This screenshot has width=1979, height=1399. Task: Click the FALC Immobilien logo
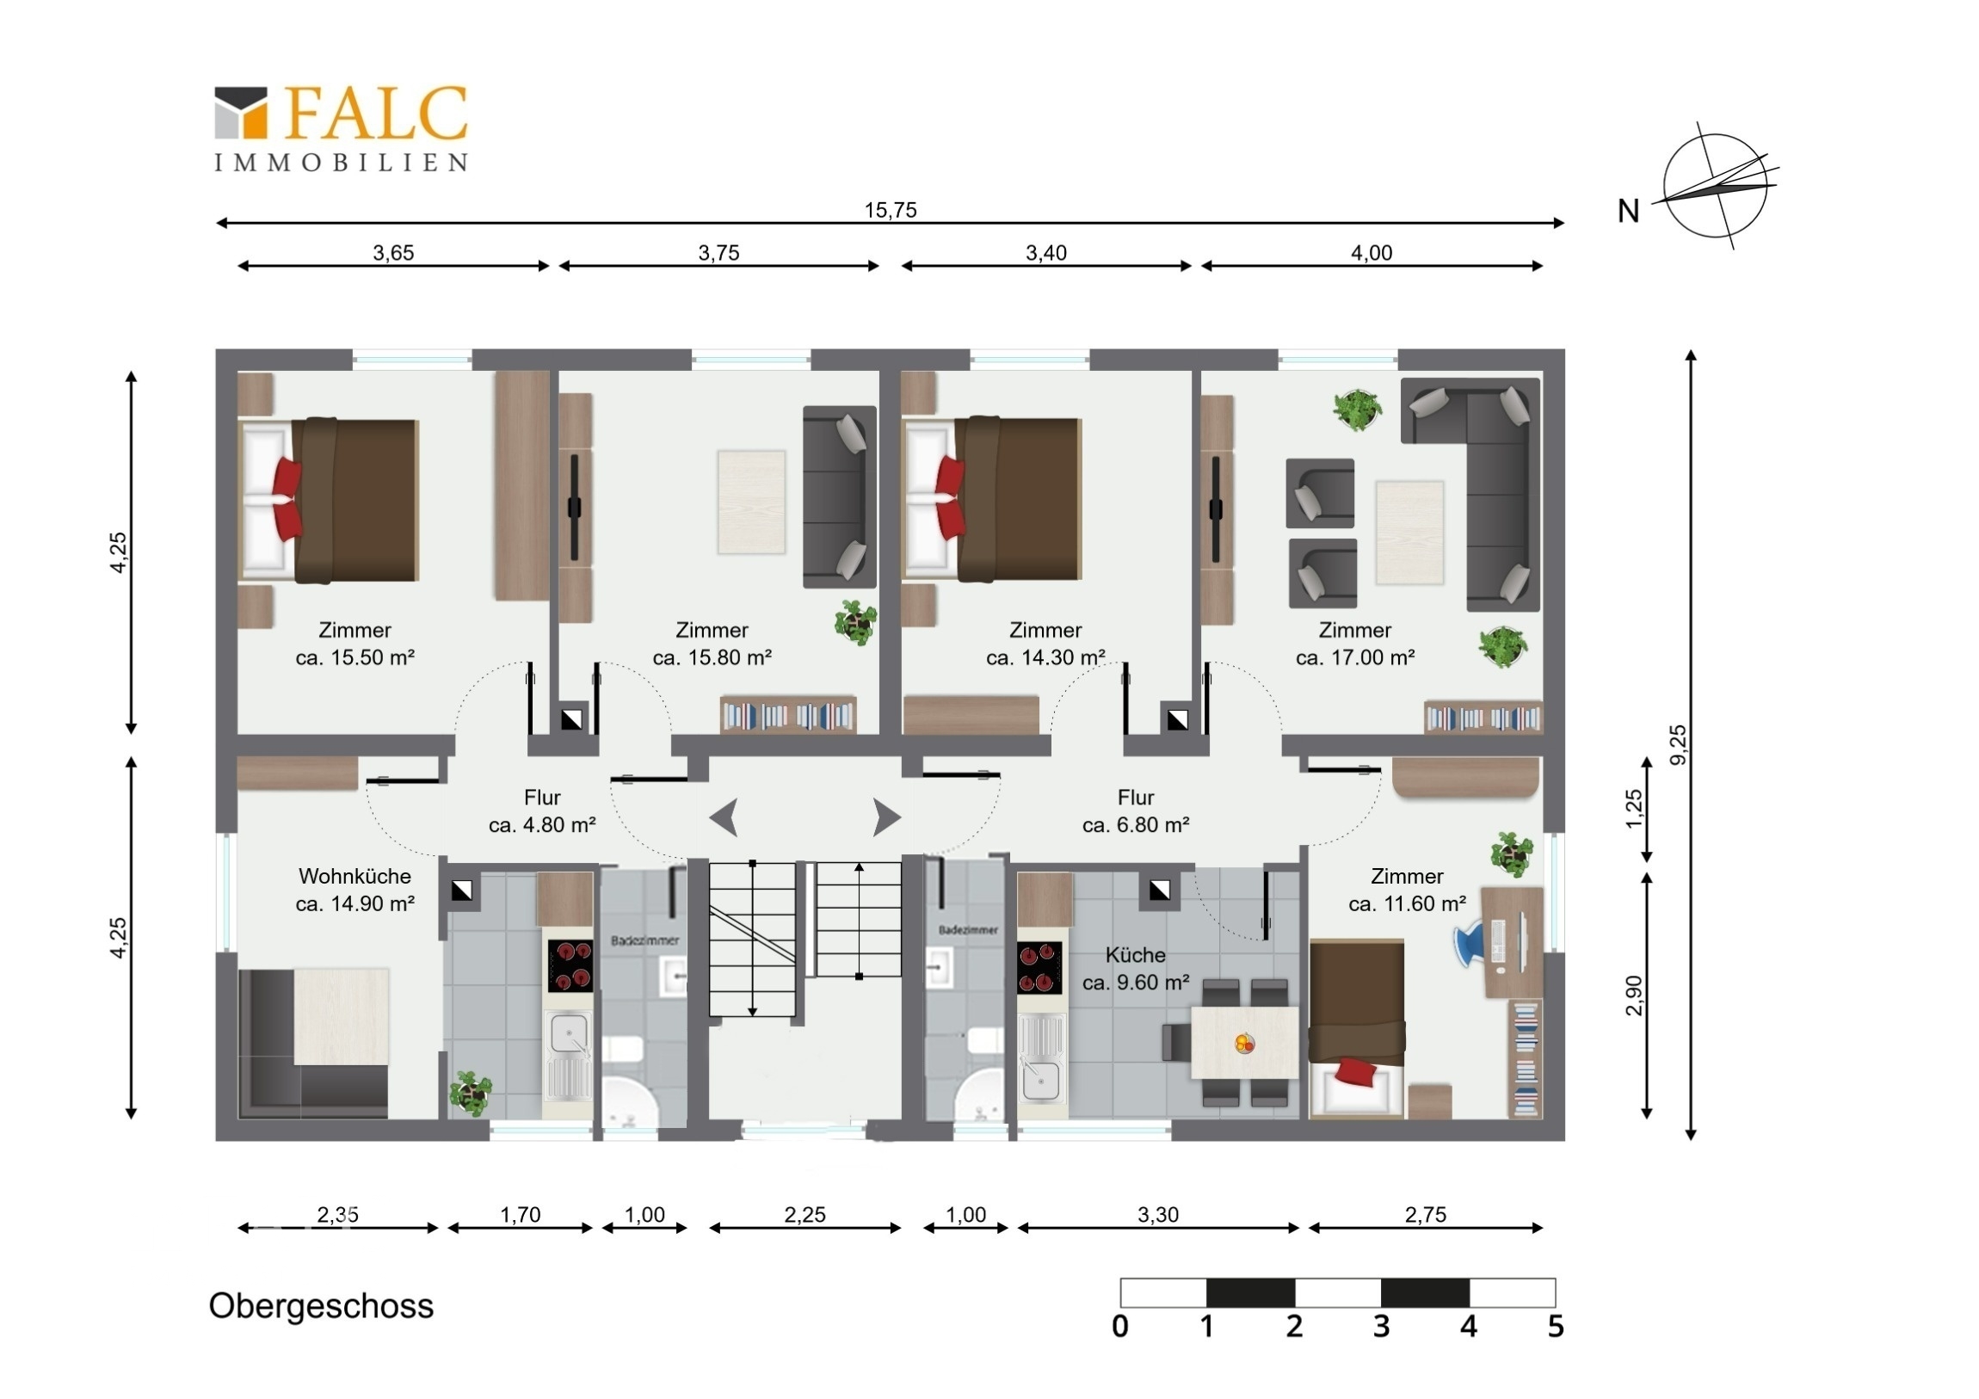click(x=342, y=127)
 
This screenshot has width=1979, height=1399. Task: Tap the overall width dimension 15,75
click(x=891, y=209)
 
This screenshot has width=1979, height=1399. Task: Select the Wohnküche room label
click(x=355, y=890)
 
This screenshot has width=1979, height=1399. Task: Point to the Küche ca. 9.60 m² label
click(x=1136, y=968)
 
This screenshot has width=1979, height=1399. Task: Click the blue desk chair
click(x=1475, y=943)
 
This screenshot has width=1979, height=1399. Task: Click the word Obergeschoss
click(x=322, y=1307)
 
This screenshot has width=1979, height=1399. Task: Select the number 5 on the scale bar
click(x=1555, y=1326)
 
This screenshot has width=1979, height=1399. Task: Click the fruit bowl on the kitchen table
click(x=1244, y=1044)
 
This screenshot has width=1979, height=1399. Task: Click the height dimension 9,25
click(x=1678, y=745)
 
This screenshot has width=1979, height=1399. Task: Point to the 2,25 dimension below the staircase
click(x=805, y=1215)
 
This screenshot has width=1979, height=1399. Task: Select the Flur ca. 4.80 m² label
click(x=542, y=811)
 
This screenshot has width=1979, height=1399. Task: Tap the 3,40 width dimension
click(x=1046, y=253)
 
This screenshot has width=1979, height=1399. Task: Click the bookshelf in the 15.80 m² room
click(x=788, y=715)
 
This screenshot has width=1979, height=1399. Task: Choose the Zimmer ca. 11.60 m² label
click(x=1408, y=890)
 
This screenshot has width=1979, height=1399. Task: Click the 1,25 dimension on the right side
click(x=1634, y=809)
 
